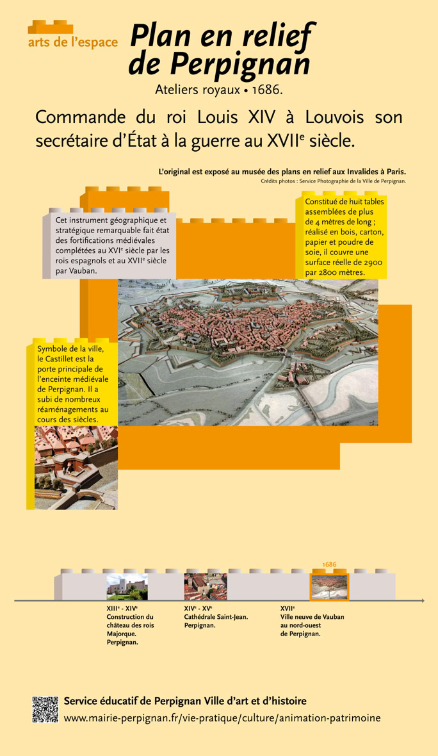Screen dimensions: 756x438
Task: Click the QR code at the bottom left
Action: tap(45, 709)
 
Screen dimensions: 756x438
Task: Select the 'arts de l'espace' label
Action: tap(73, 42)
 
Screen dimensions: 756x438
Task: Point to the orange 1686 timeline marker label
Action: tap(329, 564)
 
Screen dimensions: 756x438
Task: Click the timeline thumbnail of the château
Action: tap(127, 587)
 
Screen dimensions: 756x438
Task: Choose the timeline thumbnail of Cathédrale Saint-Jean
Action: tap(205, 587)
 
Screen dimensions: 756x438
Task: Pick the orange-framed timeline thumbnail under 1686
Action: tap(329, 587)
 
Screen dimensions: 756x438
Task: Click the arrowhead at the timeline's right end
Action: tap(422, 600)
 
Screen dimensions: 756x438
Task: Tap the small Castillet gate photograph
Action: tap(67, 468)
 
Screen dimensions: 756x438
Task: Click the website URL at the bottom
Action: tap(222, 718)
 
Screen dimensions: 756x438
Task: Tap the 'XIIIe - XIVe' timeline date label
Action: tap(122, 608)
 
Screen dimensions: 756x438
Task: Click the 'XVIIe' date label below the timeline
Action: tap(287, 608)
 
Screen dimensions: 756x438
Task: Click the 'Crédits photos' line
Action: tap(333, 181)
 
